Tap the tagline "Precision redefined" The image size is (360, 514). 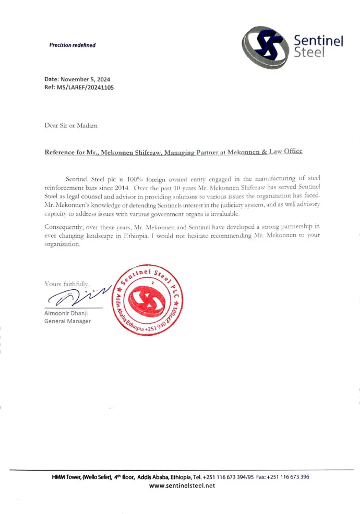[73, 45]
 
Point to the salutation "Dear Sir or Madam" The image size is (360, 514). [70, 126]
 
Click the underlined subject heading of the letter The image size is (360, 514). [173, 152]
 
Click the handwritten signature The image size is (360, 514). [78, 297]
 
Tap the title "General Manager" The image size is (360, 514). [68, 321]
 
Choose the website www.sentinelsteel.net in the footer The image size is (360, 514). [182, 485]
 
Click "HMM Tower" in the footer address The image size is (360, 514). [66, 477]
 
